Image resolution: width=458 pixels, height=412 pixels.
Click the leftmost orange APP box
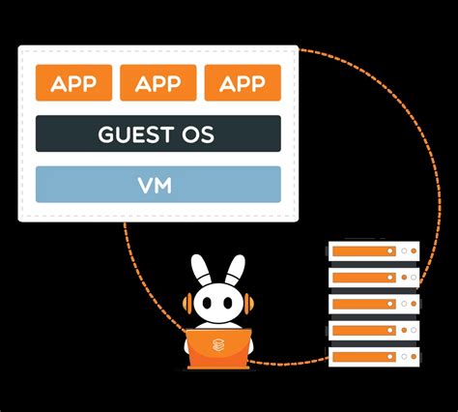pos(73,83)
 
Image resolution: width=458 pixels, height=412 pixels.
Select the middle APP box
pos(157,83)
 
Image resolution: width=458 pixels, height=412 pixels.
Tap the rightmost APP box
pos(242,83)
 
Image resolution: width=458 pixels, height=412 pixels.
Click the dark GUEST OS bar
pos(157,133)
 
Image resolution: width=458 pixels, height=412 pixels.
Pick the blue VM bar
pos(157,184)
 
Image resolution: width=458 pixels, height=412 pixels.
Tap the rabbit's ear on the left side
pos(199,270)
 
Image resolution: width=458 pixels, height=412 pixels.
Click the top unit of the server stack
pos(372,251)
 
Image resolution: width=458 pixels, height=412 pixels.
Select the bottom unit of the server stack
pos(372,357)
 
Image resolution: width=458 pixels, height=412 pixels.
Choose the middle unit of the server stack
pos(372,305)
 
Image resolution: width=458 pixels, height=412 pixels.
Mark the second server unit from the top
pos(372,279)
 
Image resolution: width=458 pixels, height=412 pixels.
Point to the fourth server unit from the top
pos(372,331)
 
